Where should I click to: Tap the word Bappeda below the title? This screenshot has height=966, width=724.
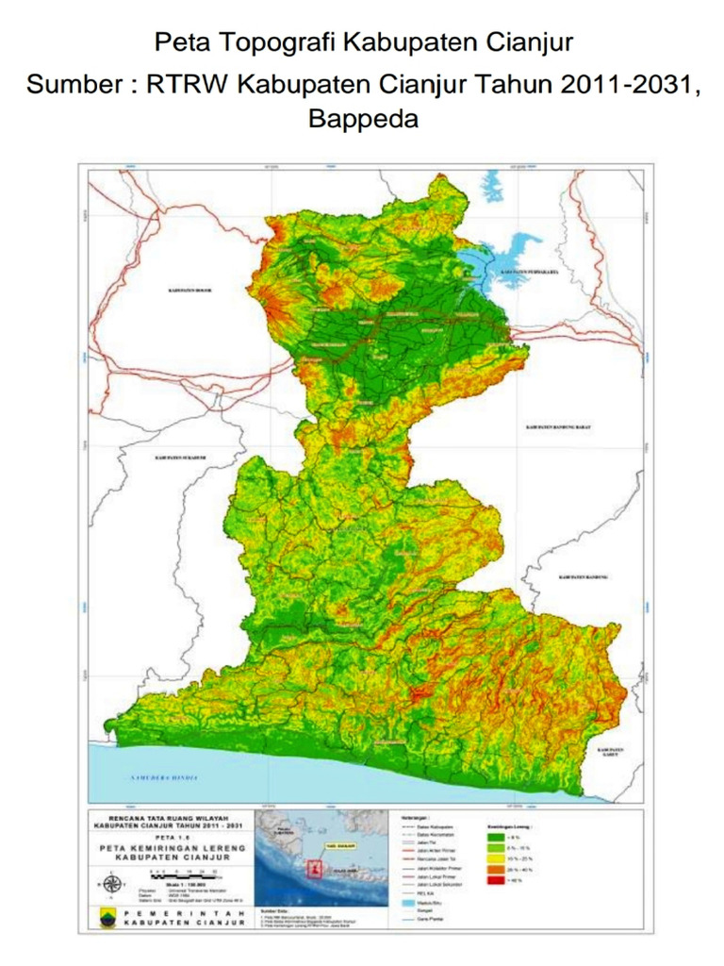point(363,119)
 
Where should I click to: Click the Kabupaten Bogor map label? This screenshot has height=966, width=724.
point(190,291)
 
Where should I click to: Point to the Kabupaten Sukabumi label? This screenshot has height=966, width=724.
point(179,458)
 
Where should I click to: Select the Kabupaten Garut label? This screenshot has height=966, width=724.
point(614,752)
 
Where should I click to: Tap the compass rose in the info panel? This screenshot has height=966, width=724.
point(112,884)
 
